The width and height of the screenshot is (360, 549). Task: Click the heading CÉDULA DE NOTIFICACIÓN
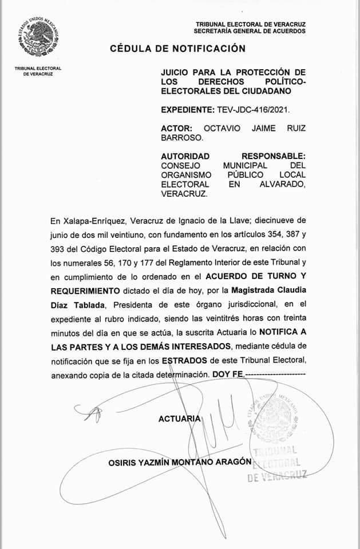(x=177, y=49)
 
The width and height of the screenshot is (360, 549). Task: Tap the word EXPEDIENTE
(x=187, y=109)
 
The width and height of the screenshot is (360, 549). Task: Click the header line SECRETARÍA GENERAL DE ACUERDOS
(x=250, y=31)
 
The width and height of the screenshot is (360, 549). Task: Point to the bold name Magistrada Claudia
(x=271, y=291)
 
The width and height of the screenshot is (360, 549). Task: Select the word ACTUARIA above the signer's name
(x=180, y=419)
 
